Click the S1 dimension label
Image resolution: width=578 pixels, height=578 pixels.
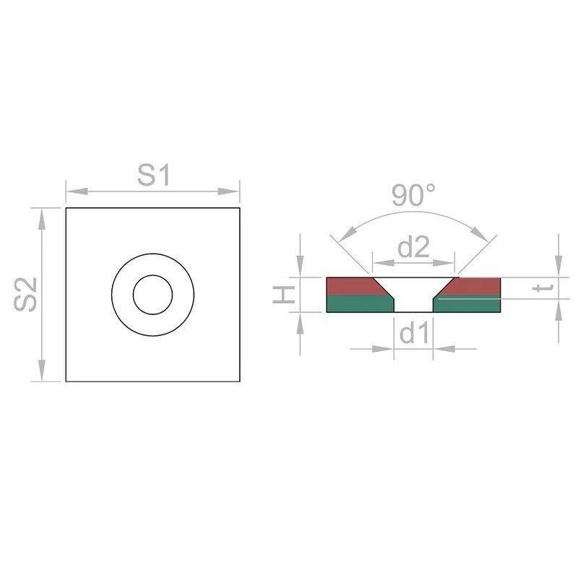tap(153, 175)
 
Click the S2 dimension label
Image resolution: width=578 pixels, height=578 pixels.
tap(25, 294)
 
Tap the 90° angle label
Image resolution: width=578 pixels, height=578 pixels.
tap(413, 195)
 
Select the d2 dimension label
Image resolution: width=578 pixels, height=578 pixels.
tap(413, 247)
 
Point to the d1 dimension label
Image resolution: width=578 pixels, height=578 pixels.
tap(414, 333)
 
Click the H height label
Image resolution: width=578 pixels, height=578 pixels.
tap(284, 295)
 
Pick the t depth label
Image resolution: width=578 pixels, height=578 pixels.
tap(543, 288)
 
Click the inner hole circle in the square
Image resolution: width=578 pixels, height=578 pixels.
tap(152, 275)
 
